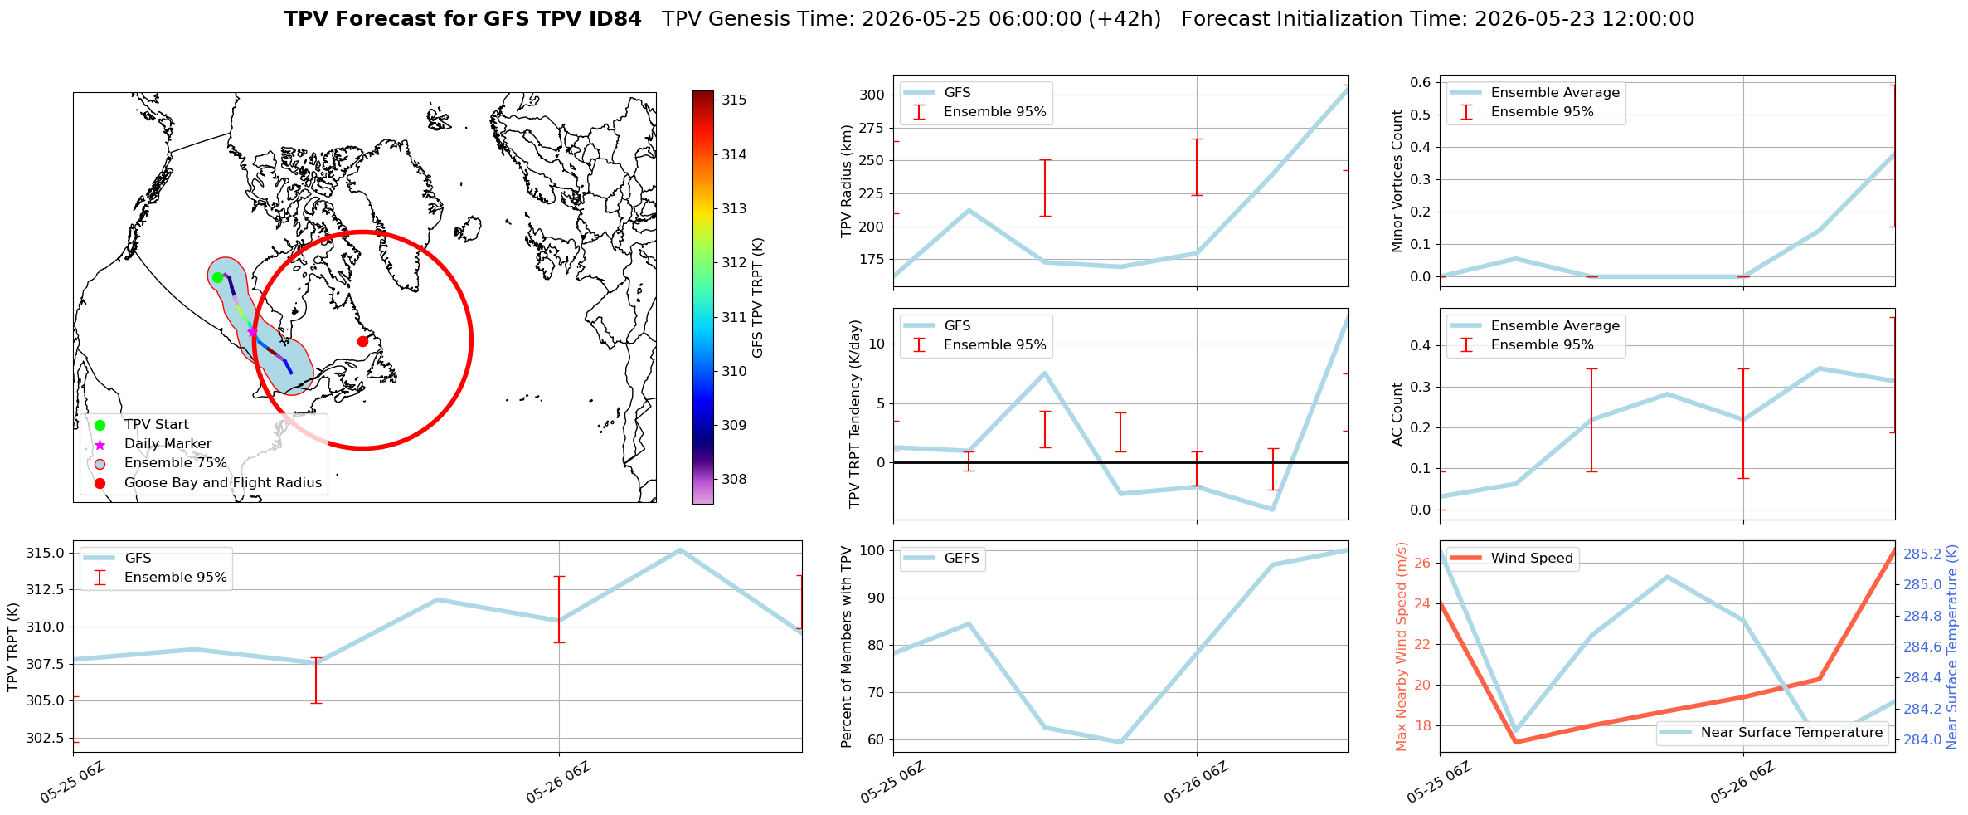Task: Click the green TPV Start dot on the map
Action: (217, 277)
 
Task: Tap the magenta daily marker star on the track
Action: (252, 332)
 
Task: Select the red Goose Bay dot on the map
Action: (362, 341)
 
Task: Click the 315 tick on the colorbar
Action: (734, 100)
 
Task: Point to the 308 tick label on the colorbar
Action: (734, 479)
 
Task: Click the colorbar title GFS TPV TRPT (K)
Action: (757, 298)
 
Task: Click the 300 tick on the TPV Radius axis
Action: (872, 95)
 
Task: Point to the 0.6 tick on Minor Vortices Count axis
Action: (1421, 81)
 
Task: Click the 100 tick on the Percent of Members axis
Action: (872, 550)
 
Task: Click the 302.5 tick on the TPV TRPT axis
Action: (46, 738)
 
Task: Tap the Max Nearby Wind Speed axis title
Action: (1402, 647)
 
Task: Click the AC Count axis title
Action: (1397, 414)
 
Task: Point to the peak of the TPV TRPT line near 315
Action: (680, 550)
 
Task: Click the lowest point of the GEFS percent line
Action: (1120, 742)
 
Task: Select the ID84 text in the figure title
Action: (614, 19)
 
